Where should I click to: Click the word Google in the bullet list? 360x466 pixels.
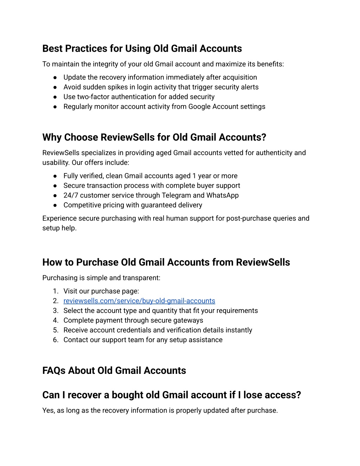click(x=200, y=107)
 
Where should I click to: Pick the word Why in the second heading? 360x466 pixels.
click(x=52, y=137)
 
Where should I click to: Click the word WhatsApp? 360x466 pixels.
click(x=223, y=195)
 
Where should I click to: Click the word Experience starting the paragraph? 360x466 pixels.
click(x=59, y=218)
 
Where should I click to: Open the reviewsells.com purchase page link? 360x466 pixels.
click(x=139, y=301)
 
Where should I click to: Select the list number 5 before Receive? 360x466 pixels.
click(x=56, y=330)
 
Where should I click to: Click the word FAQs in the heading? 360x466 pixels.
click(x=54, y=371)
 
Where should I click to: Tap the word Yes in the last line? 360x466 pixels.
click(x=48, y=410)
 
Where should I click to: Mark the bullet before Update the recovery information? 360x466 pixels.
click(x=55, y=77)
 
